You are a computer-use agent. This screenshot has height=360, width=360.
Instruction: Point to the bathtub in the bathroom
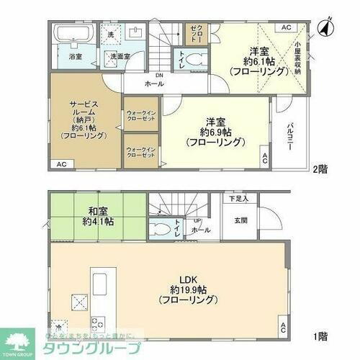pos(70,35)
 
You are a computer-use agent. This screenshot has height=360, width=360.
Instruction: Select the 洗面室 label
pos(120,55)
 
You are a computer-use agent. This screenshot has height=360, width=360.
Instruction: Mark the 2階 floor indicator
pos(322,171)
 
